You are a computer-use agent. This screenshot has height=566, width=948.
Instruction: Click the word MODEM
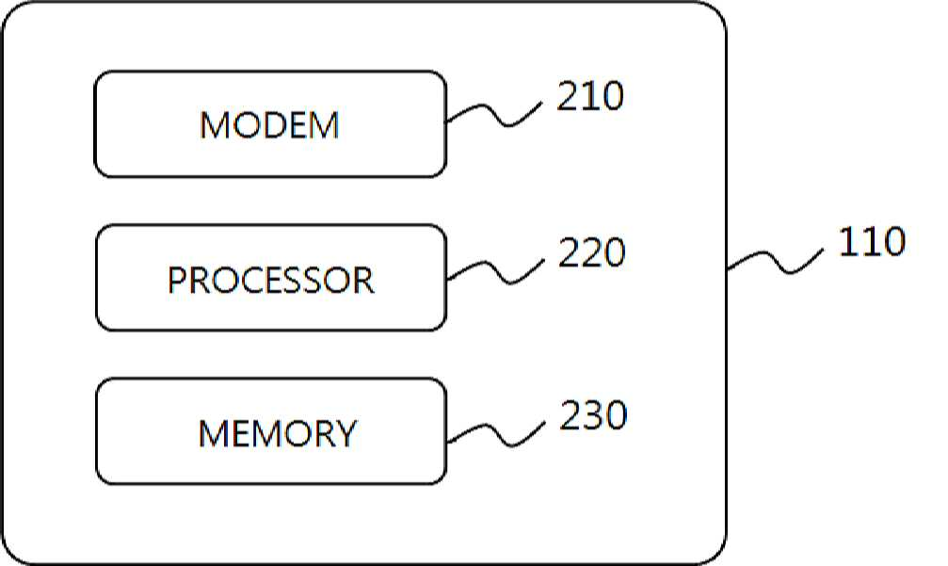pos(269,125)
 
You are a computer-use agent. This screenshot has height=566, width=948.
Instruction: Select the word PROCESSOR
pos(271,280)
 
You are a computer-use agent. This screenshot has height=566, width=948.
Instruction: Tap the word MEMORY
pos(278,433)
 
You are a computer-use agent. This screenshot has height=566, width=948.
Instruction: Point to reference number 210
pos(589,95)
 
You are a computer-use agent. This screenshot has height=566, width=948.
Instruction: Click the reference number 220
pos(591,252)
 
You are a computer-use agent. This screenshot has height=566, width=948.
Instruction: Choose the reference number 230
pos(593,414)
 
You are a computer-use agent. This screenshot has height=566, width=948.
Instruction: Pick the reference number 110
pos(872,241)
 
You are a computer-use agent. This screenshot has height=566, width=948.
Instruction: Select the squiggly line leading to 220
pos(496,271)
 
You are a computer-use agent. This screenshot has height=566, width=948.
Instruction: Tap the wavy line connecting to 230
pos(497,433)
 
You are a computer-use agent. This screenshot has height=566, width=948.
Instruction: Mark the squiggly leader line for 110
pos(775,260)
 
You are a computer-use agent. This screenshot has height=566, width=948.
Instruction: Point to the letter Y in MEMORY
pos(345,433)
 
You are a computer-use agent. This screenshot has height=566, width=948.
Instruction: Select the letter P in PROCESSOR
pos(177,280)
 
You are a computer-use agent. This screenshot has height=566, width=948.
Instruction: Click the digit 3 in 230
pos(593,414)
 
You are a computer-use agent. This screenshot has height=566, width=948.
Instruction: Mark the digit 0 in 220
pos(614,252)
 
